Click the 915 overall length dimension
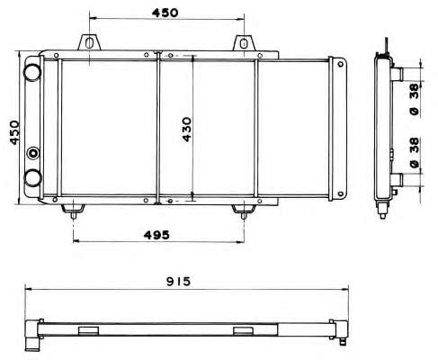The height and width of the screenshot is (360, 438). click(x=178, y=282)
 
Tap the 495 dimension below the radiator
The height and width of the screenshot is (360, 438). click(x=156, y=235)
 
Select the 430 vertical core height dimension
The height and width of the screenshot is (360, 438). click(x=187, y=130)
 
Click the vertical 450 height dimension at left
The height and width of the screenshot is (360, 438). click(x=14, y=132)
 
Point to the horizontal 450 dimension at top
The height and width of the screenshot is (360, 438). click(x=165, y=13)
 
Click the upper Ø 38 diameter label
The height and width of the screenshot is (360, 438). click(x=415, y=99)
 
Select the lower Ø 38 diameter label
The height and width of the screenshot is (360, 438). click(x=415, y=153)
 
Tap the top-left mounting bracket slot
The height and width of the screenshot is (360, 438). click(x=89, y=42)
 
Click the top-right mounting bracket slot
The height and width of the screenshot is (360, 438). click(x=244, y=43)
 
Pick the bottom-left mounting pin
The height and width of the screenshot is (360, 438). click(x=74, y=215)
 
